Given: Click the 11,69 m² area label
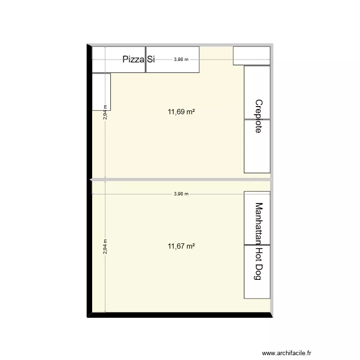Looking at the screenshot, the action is tap(181, 112).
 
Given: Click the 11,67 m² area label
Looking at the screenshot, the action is tap(181, 246).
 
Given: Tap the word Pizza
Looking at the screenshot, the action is tap(133, 59).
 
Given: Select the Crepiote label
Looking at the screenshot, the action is tap(259, 116).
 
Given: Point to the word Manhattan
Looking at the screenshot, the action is tap(259, 224).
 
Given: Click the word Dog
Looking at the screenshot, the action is tap(259, 272).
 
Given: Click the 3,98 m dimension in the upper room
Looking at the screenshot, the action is tap(181, 60).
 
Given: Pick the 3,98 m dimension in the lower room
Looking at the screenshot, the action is tap(181, 194).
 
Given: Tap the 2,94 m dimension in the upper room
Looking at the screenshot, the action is tap(105, 112).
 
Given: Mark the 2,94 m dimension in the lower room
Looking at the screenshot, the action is tap(105, 247).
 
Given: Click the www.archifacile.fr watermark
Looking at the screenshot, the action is tap(287, 353).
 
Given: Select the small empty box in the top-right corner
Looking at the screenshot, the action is tap(252, 56).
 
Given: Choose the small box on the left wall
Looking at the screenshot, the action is tap(101, 92).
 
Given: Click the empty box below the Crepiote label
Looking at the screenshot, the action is tap(257, 146).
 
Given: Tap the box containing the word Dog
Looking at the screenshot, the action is tap(257, 272).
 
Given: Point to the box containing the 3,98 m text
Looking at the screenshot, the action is tap(173, 60).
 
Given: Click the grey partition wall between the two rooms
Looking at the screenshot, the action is tap(180, 180).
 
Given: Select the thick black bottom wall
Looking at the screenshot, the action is tap(180, 315).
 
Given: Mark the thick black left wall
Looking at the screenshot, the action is tap(90, 180).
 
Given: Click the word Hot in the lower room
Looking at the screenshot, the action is tap(259, 254).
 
